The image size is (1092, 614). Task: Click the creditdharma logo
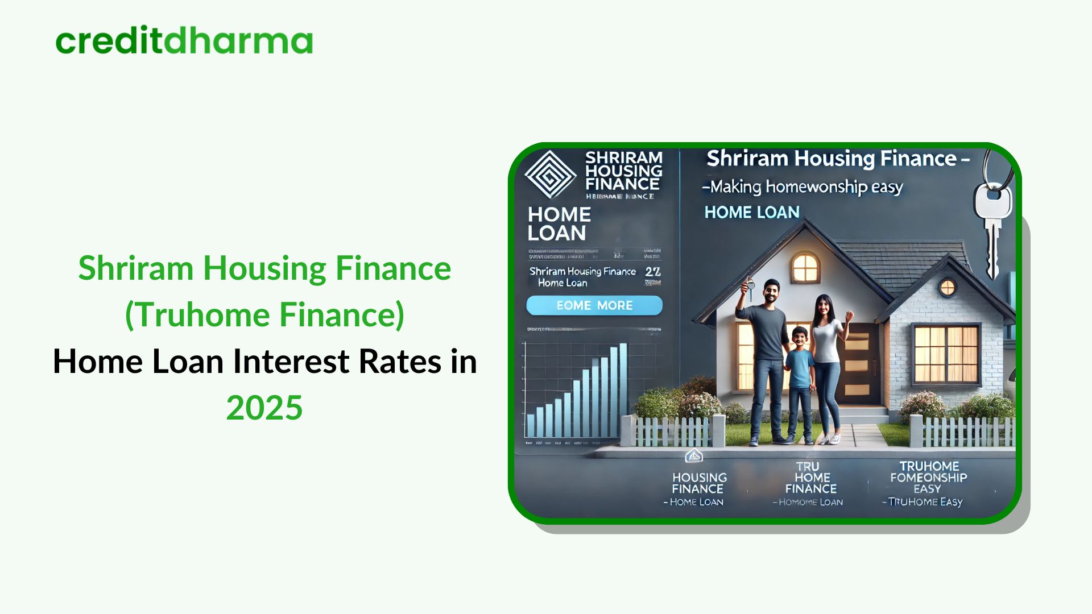point(184,40)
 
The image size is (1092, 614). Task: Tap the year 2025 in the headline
point(264,408)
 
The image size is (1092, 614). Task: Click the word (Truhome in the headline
point(197,314)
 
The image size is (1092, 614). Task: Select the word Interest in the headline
point(295,362)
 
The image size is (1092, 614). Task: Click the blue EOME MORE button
point(594,305)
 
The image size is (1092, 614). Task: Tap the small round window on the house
point(948,288)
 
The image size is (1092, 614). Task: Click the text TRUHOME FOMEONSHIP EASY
point(928,478)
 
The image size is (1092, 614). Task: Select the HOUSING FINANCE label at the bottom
point(699,483)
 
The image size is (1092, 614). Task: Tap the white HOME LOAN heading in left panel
point(559,223)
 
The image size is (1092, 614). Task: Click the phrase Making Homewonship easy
point(803,186)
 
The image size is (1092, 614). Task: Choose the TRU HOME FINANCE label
point(811,478)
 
